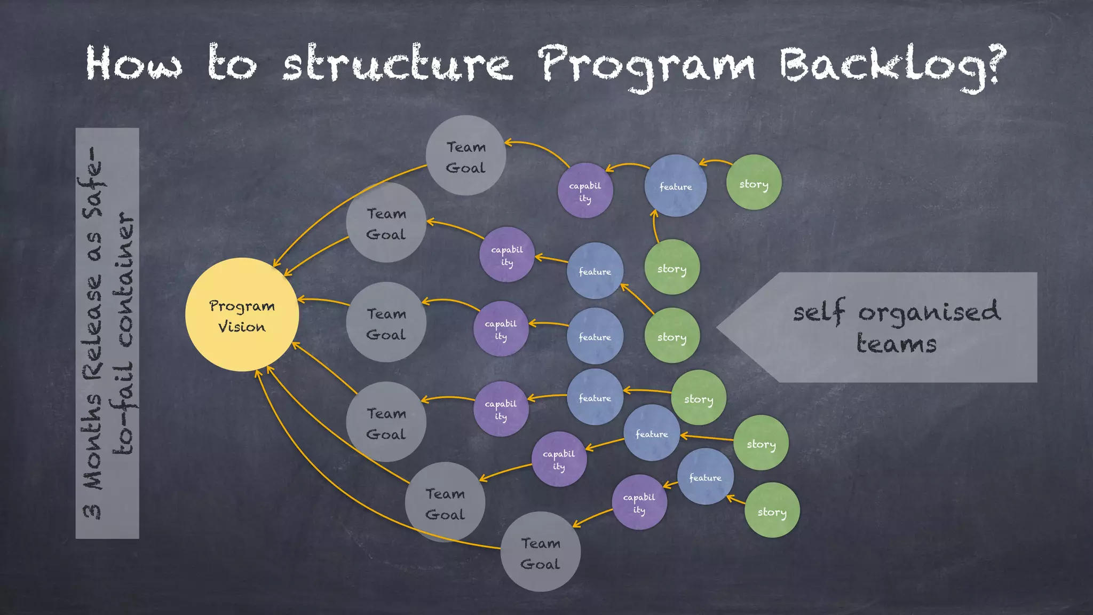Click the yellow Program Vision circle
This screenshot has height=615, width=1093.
click(242, 315)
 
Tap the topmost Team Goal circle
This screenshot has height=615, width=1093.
click(465, 155)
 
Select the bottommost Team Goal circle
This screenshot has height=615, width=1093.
click(540, 552)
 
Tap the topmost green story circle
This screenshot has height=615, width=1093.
click(754, 183)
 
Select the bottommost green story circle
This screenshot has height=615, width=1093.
click(772, 510)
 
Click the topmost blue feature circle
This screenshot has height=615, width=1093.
click(675, 186)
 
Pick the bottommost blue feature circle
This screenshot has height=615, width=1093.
click(705, 477)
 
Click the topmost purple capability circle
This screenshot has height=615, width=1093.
click(585, 191)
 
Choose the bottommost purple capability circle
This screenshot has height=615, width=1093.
click(639, 502)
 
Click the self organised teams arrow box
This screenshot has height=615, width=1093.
click(897, 327)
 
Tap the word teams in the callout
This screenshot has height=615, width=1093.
click(896, 343)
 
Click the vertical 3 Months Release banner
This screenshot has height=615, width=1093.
click(107, 333)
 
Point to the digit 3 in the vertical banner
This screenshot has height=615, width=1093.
click(92, 511)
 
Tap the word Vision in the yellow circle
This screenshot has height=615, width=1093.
click(241, 327)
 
